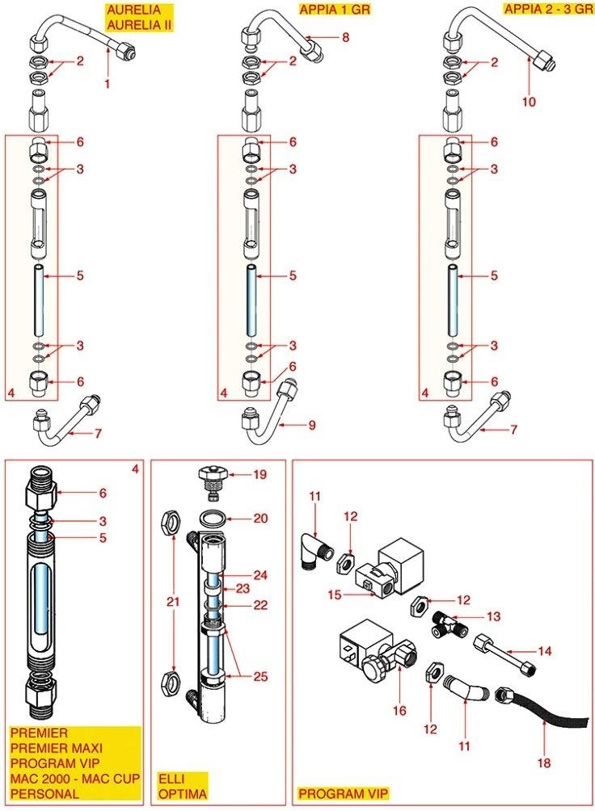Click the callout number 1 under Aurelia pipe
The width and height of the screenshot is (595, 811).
106,83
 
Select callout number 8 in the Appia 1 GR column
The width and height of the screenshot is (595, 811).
345,37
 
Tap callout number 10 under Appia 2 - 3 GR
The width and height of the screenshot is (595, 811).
530,102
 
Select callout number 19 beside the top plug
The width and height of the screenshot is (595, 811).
260,475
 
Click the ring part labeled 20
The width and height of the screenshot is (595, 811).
213,518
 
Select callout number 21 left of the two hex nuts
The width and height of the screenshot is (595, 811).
170,601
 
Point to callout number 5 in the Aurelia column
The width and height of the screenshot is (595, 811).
80,275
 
